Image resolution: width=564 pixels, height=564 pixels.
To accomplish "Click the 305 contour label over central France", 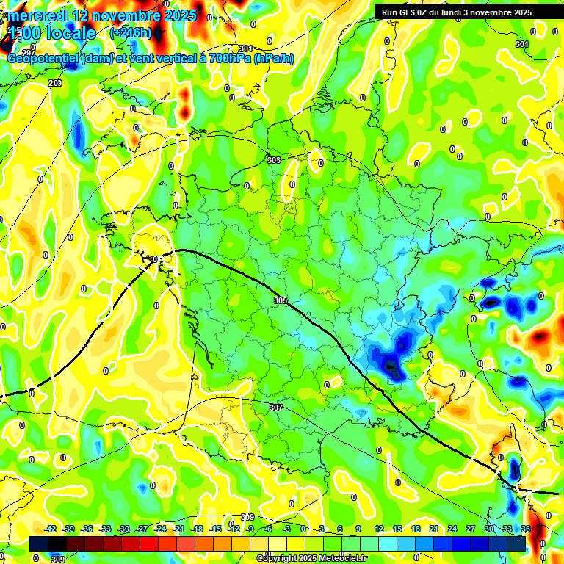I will [280, 300].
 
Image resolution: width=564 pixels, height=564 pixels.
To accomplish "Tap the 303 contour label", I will [273, 160].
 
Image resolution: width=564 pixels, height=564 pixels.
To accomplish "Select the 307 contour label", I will [276, 408].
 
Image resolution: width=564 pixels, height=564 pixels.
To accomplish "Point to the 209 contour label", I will [55, 84].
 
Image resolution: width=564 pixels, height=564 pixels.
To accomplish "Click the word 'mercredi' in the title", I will [44, 15].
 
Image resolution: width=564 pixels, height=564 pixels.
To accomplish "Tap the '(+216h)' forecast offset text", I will [130, 33].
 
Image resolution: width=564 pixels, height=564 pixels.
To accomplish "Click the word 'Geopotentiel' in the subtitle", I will [43, 59].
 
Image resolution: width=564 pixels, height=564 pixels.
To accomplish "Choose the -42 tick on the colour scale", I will [51, 529].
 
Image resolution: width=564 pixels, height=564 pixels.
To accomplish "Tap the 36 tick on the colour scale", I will [526, 529].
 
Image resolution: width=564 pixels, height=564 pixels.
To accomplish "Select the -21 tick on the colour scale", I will [178, 529].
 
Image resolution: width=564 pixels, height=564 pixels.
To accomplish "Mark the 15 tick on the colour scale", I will [397, 529].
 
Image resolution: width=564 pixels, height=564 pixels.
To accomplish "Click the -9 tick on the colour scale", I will [250, 529].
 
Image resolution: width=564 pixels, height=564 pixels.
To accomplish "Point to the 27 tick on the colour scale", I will [471, 529].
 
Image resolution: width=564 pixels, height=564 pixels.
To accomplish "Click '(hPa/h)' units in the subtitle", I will [274, 59].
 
